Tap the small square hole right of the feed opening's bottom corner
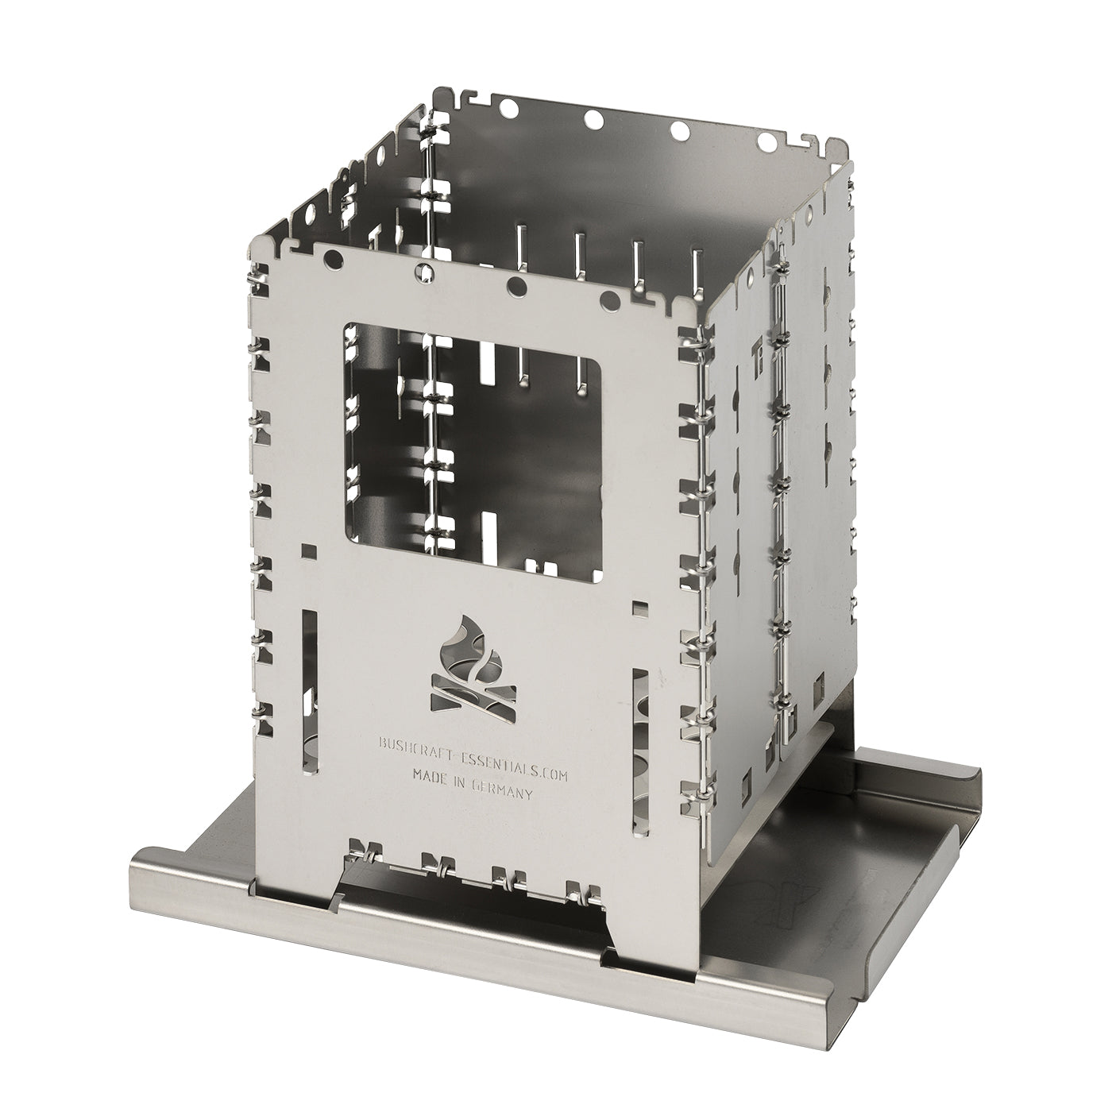click(x=638, y=608)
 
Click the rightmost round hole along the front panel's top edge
click(x=610, y=299)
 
